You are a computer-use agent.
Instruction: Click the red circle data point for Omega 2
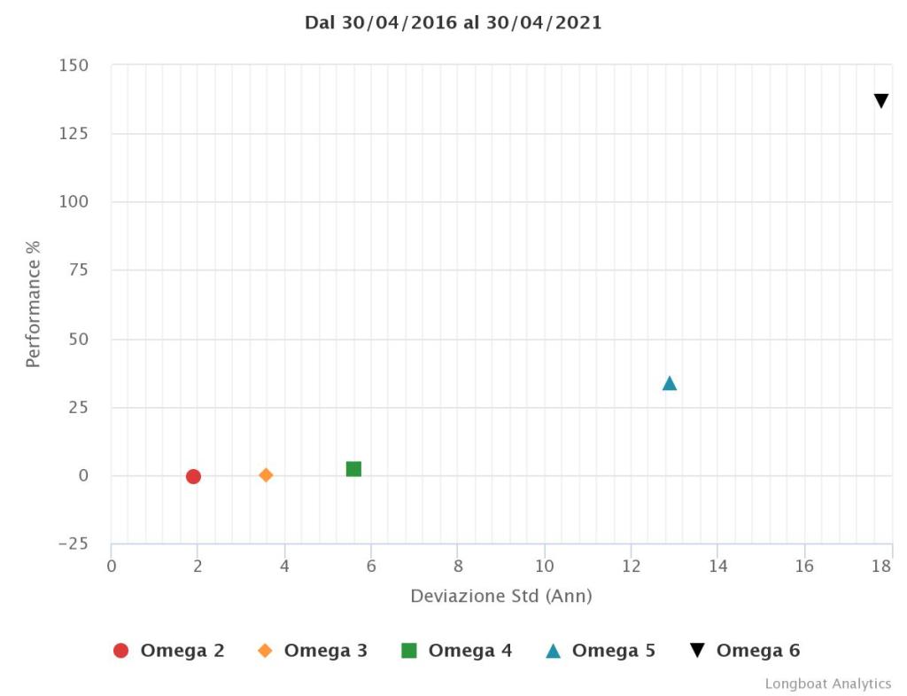193,476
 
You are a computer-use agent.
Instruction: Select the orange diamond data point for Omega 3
266,475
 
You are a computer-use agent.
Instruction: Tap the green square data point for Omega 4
353,469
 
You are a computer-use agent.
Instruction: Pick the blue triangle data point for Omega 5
670,383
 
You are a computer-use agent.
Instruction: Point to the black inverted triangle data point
881,101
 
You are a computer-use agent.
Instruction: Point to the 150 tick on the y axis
74,66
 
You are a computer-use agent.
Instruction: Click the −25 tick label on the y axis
73,544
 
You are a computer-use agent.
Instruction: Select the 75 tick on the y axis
79,270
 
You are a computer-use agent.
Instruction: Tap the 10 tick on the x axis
544,566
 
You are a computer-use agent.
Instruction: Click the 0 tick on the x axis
112,566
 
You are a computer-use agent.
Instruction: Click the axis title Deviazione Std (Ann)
501,596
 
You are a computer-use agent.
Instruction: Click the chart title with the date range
453,23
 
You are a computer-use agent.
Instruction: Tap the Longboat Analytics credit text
828,684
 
